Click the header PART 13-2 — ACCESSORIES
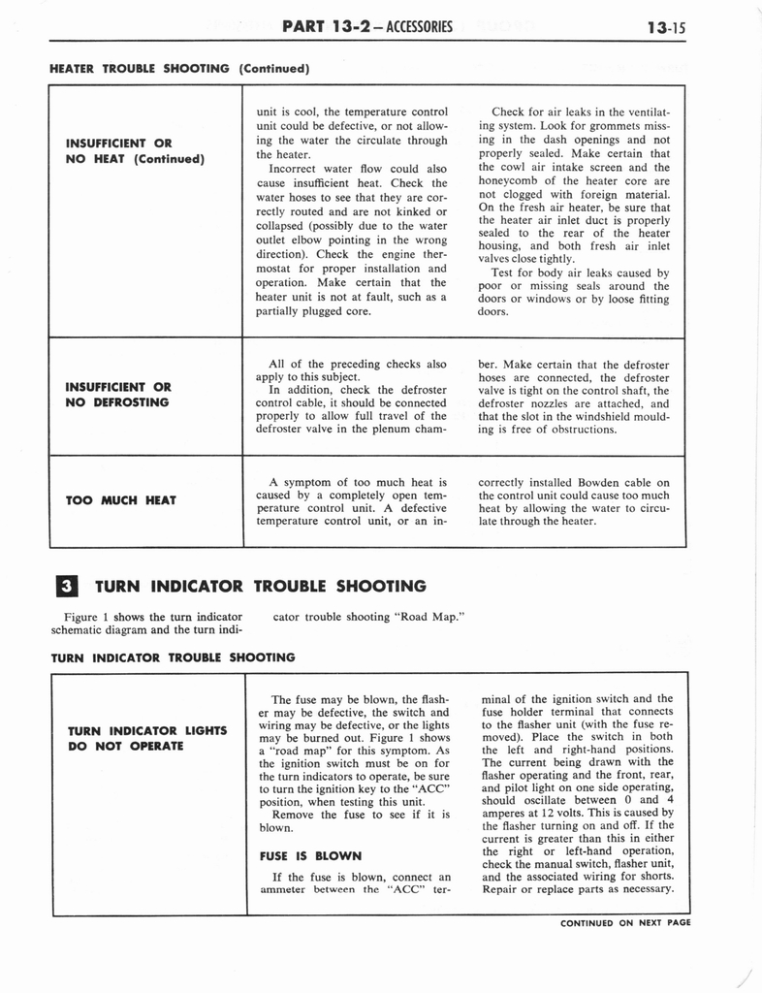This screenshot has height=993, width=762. [x=366, y=25]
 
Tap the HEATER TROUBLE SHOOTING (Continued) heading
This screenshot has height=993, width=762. [x=179, y=69]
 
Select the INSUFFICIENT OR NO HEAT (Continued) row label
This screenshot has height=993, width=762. [x=134, y=151]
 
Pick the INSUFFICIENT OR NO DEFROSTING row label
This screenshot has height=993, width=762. [x=118, y=394]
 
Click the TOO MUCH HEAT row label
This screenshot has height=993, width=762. [x=121, y=499]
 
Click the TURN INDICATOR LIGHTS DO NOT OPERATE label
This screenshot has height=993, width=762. [x=146, y=738]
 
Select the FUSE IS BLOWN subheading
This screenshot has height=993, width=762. [x=310, y=856]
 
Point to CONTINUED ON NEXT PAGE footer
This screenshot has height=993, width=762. [x=625, y=923]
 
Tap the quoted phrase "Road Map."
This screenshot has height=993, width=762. [x=426, y=617]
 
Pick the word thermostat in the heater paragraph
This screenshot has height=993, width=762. [x=413, y=254]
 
